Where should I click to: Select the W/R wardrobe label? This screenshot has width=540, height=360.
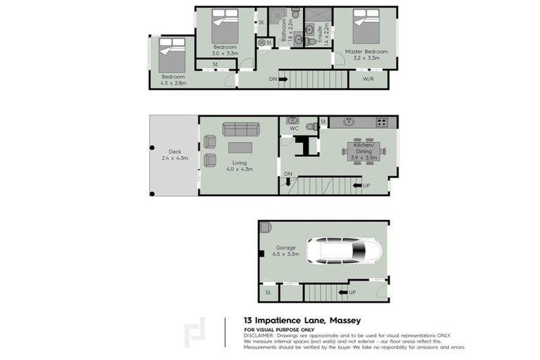click(368, 79)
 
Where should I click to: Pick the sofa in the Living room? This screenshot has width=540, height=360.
click(240, 129)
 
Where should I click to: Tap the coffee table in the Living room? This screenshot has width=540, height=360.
click(240, 148)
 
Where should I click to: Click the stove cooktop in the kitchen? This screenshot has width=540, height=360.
click(381, 122)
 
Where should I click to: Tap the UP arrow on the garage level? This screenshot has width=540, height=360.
click(347, 291)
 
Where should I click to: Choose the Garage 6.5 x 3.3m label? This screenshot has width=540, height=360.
click(286, 250)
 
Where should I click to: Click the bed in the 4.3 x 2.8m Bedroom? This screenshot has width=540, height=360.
click(171, 49)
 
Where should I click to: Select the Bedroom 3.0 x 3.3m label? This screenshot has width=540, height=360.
click(226, 50)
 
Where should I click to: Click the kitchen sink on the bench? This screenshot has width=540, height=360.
click(348, 122)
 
